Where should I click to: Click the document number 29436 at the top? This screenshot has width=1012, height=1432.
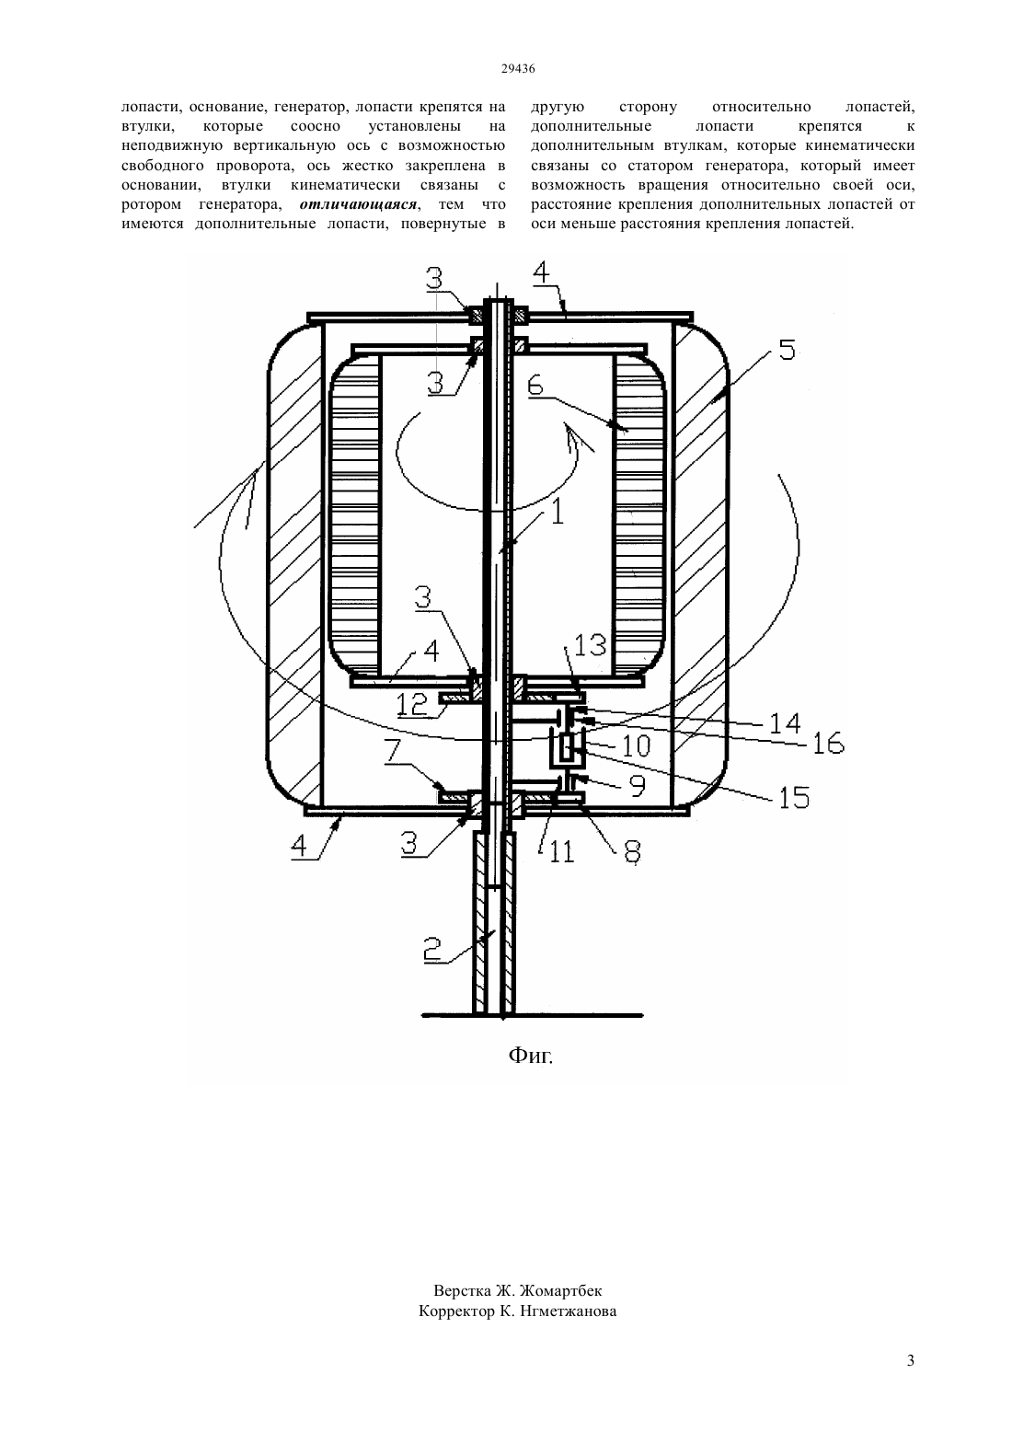pyautogui.click(x=517, y=69)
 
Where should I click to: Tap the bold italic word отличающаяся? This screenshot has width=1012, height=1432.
pyautogui.click(x=358, y=204)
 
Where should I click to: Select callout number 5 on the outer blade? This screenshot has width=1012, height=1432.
pyautogui.click(x=787, y=350)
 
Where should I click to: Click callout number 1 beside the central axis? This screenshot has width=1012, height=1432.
pyautogui.click(x=558, y=512)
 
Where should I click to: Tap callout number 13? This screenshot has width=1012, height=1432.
pyautogui.click(x=590, y=646)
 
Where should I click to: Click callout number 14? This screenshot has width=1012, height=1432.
pyautogui.click(x=785, y=723)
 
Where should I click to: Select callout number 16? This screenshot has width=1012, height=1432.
pyautogui.click(x=828, y=744)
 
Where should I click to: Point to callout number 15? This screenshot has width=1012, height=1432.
pyautogui.click(x=793, y=797)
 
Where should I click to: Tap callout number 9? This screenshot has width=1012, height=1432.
pyautogui.click(x=638, y=786)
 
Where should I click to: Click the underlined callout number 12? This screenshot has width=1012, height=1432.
pyautogui.click(x=412, y=704)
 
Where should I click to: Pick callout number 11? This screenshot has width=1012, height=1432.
pyautogui.click(x=561, y=851)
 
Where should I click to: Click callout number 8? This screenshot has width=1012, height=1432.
pyautogui.click(x=631, y=851)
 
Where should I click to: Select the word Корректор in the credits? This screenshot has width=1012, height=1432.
pyautogui.click(x=457, y=1311)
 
